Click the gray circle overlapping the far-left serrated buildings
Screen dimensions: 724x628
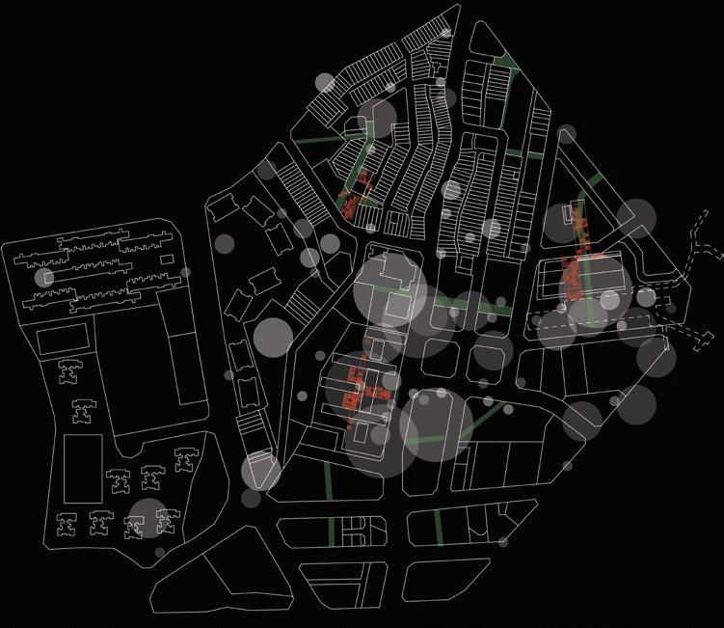tap(43, 278)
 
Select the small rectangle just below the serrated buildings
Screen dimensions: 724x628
tap(62, 337)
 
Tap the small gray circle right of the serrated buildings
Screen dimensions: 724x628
tap(185, 273)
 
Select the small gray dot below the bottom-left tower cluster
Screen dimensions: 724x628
tap(160, 553)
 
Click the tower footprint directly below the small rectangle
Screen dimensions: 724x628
tap(69, 372)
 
